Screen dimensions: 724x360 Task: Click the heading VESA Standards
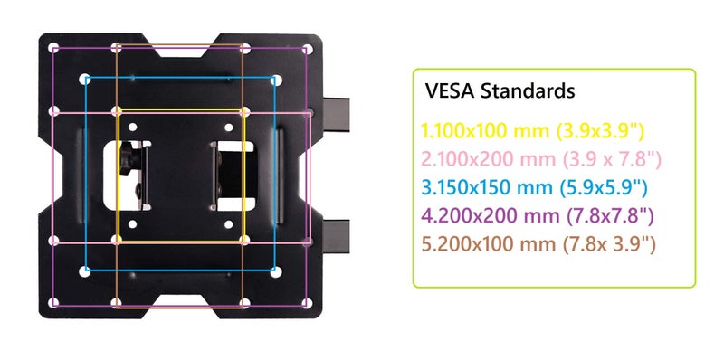coord(500,91)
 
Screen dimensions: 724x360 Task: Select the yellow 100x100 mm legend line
coord(533,131)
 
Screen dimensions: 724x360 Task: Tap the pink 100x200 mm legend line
coord(541,160)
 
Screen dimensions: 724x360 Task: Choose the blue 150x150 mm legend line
coord(534,187)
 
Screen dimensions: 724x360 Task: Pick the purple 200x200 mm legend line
coord(538,216)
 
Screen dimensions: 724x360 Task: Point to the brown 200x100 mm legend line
coord(538,243)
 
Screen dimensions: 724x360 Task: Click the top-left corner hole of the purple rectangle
coord(54,49)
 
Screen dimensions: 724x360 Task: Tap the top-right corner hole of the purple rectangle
coord(308,49)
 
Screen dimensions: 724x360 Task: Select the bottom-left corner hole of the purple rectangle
coord(54,303)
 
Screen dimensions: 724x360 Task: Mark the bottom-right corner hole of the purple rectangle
coord(308,303)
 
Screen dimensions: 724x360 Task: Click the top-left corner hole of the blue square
coord(84,80)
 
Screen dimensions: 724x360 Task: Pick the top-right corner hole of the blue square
coord(276,80)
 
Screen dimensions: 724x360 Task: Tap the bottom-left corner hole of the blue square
coord(84,272)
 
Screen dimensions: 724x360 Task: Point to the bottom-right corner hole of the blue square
coord(276,272)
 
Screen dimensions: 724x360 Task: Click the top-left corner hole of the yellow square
coord(117,111)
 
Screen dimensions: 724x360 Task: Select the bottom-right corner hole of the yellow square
coord(245,240)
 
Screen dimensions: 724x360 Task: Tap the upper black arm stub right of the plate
coord(336,114)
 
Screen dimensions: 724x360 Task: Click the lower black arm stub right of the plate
coord(336,236)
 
